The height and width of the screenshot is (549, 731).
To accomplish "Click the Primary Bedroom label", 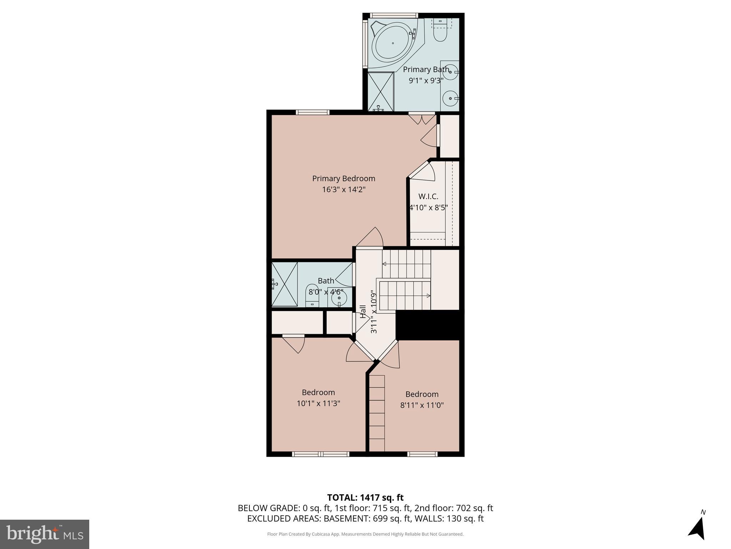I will coord(343,178).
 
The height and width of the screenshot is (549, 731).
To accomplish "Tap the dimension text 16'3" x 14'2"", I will coord(344,189).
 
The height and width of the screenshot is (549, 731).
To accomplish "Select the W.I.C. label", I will coord(428,196).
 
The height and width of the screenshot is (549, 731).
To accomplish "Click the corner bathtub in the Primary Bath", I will coord(393,44).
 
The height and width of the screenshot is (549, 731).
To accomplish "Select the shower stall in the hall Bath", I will coord(284,284).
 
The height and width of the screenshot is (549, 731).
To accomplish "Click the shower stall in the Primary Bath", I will coord(380,91).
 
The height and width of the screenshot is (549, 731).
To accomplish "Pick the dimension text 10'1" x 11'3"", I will coord(318,404).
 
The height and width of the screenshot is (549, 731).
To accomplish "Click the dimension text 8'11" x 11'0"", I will coord(422,405).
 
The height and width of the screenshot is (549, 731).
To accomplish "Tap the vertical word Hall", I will coord(363,312).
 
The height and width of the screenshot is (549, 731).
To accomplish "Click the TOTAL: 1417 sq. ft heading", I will coord(365,498).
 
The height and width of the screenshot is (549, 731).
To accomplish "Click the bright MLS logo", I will coord(45,534).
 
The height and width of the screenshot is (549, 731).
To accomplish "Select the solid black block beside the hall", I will coord(429,325).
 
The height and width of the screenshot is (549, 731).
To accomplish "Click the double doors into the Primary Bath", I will coord(422,118).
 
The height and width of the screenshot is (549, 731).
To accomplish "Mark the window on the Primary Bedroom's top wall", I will coord(312,112).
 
